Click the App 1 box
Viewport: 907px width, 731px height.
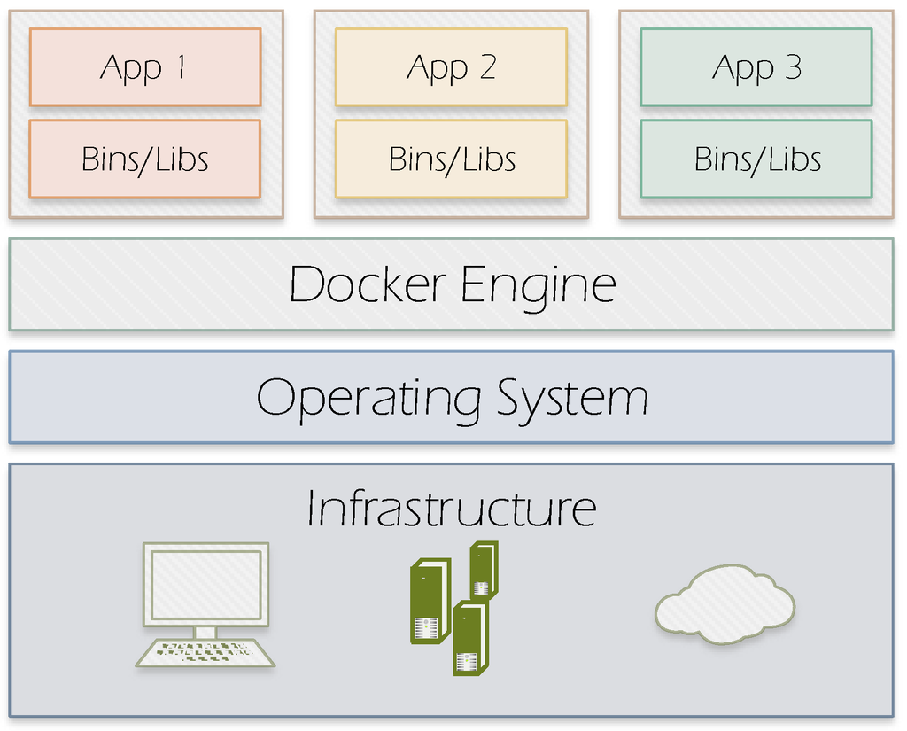point(144,67)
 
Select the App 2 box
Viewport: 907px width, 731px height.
point(451,67)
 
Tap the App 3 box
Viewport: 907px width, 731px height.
point(756,67)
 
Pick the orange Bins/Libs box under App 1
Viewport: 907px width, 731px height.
point(144,159)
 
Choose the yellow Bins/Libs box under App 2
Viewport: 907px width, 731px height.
point(451,159)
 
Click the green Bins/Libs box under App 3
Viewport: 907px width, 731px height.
point(756,159)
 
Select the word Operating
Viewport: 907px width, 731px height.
point(368,399)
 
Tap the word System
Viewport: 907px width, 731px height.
point(572,399)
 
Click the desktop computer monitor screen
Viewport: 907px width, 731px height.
point(205,585)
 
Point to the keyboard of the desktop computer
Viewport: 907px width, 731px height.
point(205,652)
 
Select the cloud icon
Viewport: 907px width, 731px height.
point(725,605)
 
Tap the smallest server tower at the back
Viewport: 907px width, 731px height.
point(483,570)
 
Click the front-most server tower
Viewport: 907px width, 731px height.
point(469,638)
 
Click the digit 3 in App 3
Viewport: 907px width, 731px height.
point(792,67)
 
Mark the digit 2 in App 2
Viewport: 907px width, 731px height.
point(486,67)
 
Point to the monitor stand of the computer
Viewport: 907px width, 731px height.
point(205,632)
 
